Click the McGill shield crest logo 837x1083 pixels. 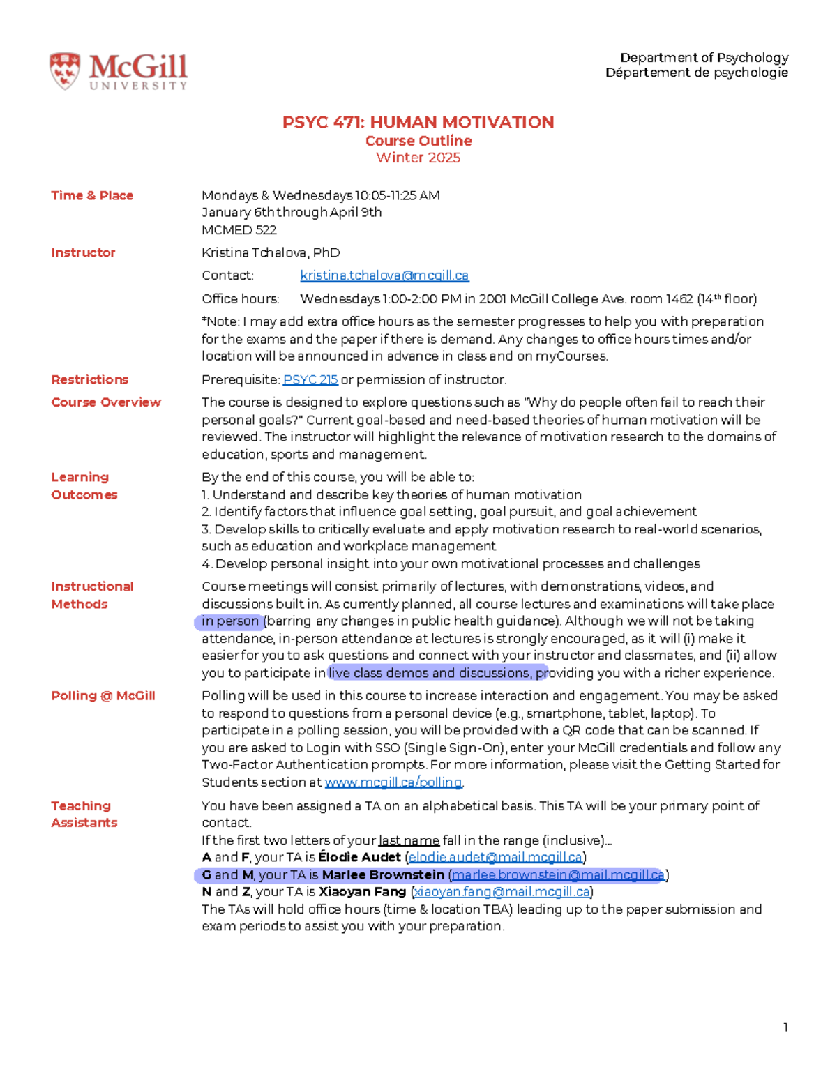click(64, 71)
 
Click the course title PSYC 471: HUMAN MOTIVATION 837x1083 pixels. click(418, 123)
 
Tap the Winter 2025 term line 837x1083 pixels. click(418, 158)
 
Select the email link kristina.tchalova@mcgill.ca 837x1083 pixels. click(384, 275)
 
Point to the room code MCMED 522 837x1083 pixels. click(239, 229)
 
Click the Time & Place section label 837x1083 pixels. click(92, 195)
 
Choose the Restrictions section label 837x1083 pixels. click(90, 379)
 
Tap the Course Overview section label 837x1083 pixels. click(106, 402)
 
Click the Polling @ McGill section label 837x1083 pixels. click(103, 695)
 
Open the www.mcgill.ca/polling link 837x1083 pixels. click(393, 782)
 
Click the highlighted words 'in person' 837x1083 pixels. click(230, 621)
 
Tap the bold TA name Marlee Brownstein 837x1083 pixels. click(383, 874)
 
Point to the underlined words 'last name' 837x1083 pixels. click(409, 840)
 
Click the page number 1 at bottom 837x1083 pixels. click(785, 1027)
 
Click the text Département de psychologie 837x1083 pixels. click(696, 73)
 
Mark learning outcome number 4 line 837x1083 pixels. click(451, 563)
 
